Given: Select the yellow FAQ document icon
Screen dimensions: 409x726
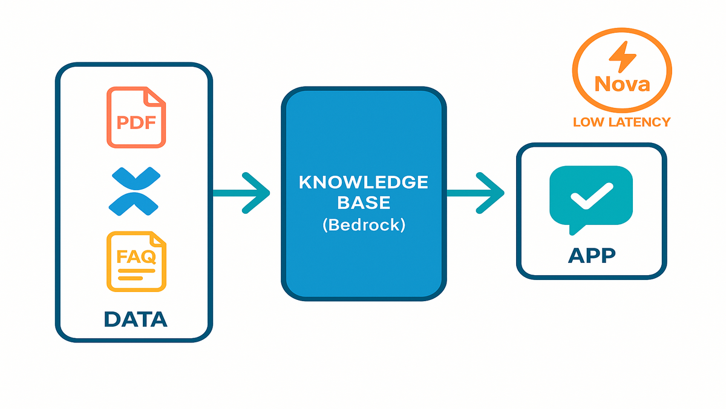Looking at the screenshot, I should coord(136,261).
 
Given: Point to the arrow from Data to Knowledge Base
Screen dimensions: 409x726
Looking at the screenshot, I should coord(242,193).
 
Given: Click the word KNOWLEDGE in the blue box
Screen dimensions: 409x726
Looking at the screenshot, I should coord(364,183).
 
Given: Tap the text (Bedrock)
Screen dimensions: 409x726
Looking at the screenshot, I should coord(364,225).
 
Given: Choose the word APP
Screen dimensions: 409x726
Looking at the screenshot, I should coord(591,255).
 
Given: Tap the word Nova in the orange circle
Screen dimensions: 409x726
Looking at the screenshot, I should coord(622,83).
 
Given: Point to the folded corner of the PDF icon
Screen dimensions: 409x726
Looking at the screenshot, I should coord(155,96).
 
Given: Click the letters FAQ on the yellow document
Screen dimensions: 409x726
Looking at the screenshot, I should coord(136,258).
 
